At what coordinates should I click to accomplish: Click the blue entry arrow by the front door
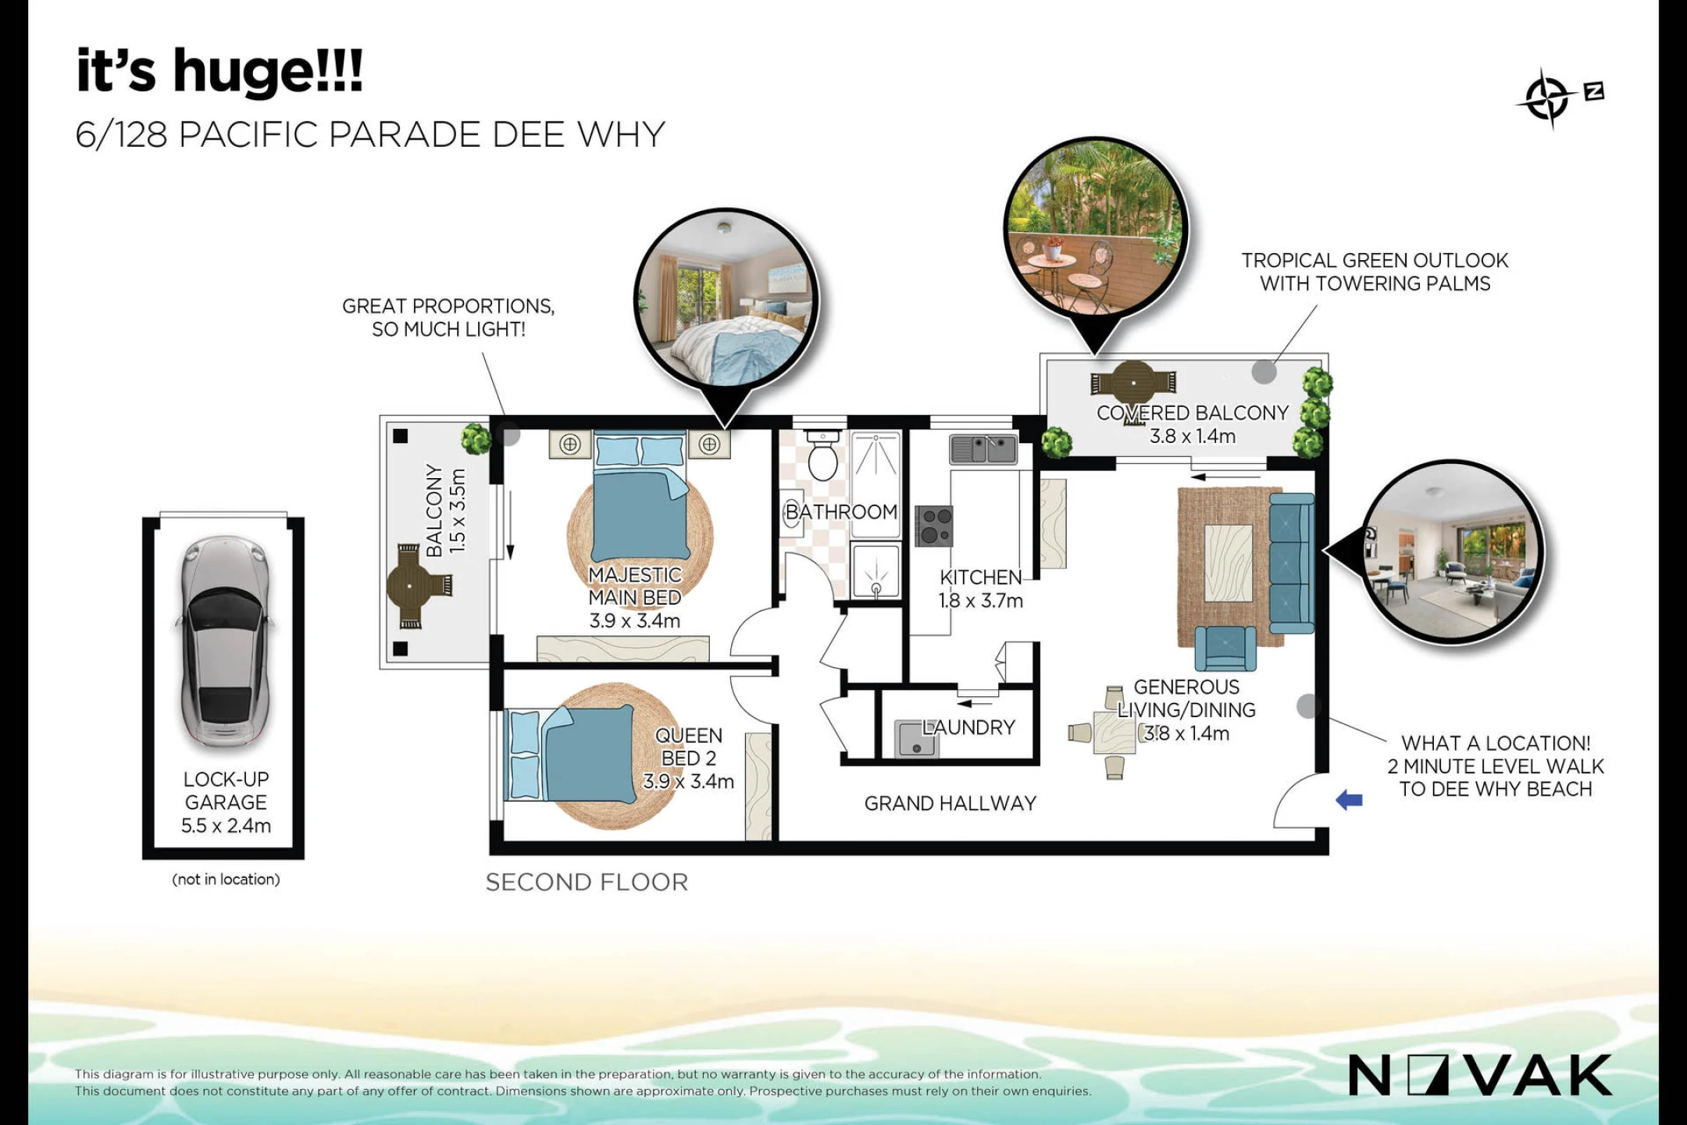pyautogui.click(x=1349, y=799)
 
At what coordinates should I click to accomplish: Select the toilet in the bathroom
pyautogui.click(x=822, y=454)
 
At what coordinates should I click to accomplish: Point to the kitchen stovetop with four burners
pyautogui.click(x=933, y=525)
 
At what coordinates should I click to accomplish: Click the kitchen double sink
pyautogui.click(x=983, y=449)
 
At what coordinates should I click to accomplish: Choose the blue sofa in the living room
pyautogui.click(x=1292, y=562)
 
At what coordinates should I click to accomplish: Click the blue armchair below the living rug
pyautogui.click(x=1225, y=648)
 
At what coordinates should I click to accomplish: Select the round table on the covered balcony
pyautogui.click(x=1132, y=383)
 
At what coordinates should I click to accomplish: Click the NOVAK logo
pyautogui.click(x=1480, y=1075)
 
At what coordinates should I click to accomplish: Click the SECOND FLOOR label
pyautogui.click(x=587, y=882)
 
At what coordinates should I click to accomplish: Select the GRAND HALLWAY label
pyautogui.click(x=950, y=803)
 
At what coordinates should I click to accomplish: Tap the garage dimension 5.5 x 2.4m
pyautogui.click(x=226, y=825)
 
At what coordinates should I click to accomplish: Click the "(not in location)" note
pyautogui.click(x=226, y=879)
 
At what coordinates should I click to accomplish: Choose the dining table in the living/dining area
pyautogui.click(x=1115, y=732)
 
